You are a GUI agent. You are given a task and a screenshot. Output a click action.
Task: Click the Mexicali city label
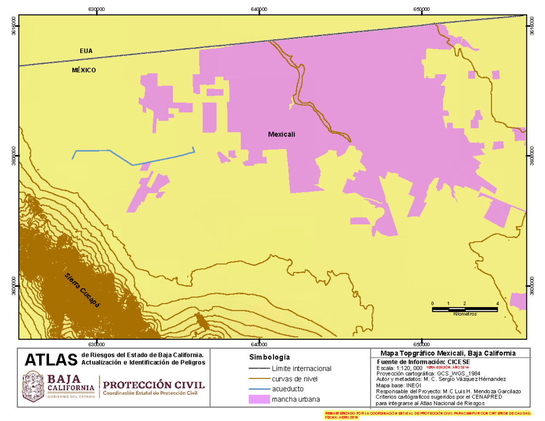coord(282,134)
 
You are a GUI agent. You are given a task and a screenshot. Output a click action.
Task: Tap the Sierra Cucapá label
coord(82,291)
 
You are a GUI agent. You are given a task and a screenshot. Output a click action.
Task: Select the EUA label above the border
coord(86,51)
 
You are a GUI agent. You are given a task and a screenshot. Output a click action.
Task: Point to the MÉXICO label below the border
coord(84,70)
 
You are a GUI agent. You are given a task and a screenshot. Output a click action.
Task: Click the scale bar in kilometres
coord(465,309)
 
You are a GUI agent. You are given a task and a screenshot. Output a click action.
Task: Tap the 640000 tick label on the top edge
coord(259,10)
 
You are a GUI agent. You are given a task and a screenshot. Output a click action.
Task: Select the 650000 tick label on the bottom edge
coord(421,344)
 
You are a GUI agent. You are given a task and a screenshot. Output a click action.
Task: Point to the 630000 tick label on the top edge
coord(97,10)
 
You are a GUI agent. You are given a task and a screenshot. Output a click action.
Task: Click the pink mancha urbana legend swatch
coord(258,400)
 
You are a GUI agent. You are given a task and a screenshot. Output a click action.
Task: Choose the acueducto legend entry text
coord(287,389)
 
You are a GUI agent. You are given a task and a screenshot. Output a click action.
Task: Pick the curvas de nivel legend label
coord(294,379)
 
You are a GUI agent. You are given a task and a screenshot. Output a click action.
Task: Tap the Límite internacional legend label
coord(301,368)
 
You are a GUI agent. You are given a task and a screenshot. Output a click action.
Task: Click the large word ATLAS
coord(50,360)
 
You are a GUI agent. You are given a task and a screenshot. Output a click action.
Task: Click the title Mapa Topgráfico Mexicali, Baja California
coord(447,353)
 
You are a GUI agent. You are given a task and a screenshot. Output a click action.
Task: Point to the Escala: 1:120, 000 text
coord(400,367)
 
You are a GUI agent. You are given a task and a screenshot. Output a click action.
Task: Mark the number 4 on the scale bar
coord(498,303)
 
